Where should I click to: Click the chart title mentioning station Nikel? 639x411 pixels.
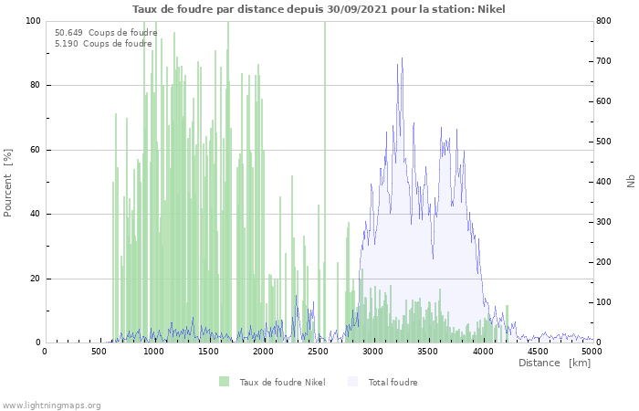tap(319, 9)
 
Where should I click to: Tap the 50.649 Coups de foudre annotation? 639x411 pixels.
tap(106, 33)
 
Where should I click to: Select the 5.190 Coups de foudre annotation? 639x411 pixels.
tap(103, 44)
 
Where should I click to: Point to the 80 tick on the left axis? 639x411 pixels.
tap(35, 85)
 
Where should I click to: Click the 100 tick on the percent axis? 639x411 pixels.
tap(34, 21)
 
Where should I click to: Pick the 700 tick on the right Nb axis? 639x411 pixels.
tap(604, 61)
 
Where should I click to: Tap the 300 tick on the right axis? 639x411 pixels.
tap(604, 222)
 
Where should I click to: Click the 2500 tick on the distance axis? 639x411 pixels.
tap(318, 352)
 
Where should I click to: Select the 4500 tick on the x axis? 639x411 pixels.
tap(538, 352)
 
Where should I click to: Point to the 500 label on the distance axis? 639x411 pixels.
tap(99, 352)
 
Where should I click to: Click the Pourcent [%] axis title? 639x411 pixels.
tap(7, 183)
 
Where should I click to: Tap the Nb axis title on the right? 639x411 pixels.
tap(631, 181)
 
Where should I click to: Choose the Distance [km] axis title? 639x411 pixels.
tap(554, 363)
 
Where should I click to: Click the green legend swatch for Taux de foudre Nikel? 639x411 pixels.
tap(225, 382)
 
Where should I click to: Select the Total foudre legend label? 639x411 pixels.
tap(393, 382)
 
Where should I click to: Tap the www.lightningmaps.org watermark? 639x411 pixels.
tap(51, 406)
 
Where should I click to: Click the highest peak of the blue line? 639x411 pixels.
tap(402, 58)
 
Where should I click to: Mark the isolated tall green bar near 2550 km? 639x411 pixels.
tap(325, 182)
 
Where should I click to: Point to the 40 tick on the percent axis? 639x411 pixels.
tap(35, 214)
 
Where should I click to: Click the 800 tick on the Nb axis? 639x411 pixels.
tap(604, 21)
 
